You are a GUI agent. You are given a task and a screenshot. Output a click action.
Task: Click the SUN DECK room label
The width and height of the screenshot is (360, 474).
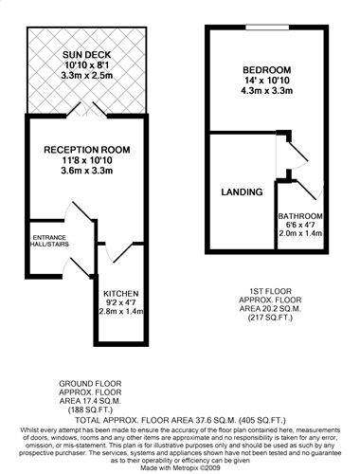pos(86,55)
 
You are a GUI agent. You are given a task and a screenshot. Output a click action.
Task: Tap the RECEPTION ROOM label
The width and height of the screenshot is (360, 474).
pos(87,150)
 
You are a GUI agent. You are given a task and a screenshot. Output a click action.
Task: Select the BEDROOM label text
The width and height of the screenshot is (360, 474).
pos(267,70)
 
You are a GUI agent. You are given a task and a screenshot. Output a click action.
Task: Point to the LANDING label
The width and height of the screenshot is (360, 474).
pos(242,191)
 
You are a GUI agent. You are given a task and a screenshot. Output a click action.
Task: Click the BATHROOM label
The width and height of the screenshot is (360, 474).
pos(300,216)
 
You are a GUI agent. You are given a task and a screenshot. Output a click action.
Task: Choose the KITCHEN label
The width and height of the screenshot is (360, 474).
pos(121,294)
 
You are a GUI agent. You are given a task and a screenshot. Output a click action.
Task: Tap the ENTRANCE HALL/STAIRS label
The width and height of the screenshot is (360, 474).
pos(49,241)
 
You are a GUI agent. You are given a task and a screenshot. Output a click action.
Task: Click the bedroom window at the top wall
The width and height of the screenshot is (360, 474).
pos(267,27)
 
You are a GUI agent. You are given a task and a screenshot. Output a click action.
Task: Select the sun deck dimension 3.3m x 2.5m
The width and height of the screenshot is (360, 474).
pos(87,76)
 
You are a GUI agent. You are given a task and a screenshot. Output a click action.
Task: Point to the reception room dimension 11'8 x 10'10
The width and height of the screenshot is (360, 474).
pos(87,160)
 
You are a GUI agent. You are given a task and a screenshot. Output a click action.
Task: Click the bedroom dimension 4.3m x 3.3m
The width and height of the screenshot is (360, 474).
pos(267,91)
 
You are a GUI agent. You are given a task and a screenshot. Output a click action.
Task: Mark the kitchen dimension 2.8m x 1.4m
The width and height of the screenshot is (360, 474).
pos(121,311)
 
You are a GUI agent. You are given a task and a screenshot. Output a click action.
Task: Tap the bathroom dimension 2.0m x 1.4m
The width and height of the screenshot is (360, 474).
pos(300,233)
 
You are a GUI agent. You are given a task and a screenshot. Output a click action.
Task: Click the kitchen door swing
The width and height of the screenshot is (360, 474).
pos(121,253)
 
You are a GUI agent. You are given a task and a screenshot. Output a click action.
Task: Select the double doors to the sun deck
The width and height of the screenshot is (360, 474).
pos(86,109)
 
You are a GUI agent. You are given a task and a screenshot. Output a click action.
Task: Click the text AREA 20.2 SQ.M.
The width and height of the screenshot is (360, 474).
pos(270,308)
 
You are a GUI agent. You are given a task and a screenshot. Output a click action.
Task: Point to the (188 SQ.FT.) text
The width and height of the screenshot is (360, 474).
pos(90,410)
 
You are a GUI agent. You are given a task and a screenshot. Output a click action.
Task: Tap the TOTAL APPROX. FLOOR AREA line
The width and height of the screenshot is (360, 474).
pos(180,420)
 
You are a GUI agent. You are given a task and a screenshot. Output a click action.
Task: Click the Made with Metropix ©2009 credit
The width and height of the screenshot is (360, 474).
pos(180,467)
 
